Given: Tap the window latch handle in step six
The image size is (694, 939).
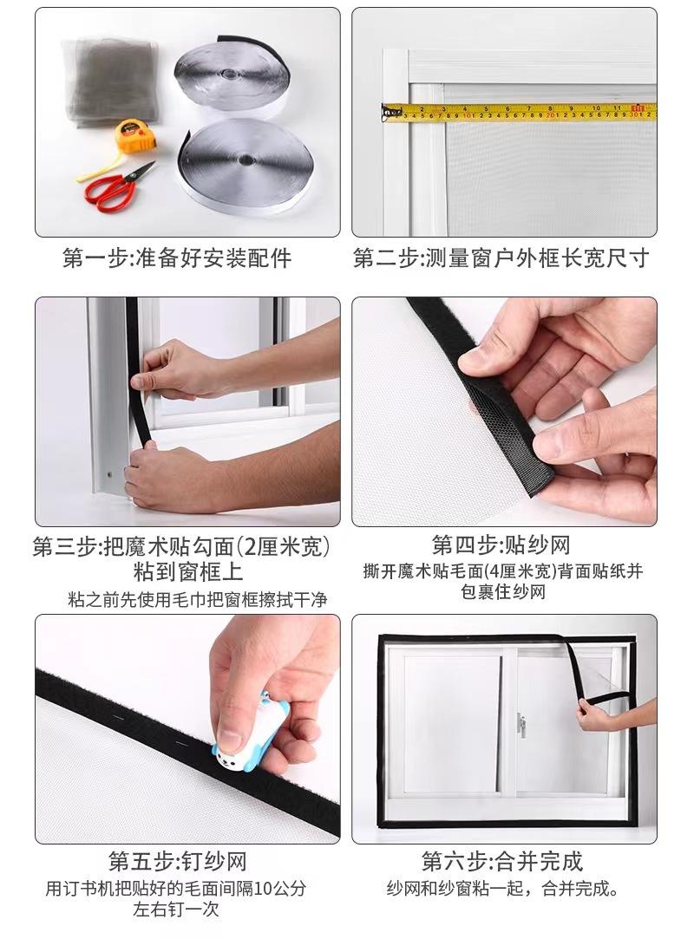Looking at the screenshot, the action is [x=521, y=724].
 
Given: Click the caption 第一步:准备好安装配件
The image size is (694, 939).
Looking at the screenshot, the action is [x=177, y=258].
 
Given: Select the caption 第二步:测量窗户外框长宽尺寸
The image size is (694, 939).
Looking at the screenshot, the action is [x=501, y=258].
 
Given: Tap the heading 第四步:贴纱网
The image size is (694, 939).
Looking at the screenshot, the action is [x=501, y=545].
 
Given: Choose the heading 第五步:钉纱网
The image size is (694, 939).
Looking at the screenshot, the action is [x=177, y=862].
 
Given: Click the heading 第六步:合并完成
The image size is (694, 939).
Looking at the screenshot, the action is [x=502, y=861].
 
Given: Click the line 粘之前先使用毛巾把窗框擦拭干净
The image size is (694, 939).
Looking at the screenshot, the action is [x=198, y=599].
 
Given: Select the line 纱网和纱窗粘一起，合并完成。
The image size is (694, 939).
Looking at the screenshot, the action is [x=502, y=888].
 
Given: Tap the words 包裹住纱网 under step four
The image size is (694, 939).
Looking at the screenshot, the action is [x=503, y=591].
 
